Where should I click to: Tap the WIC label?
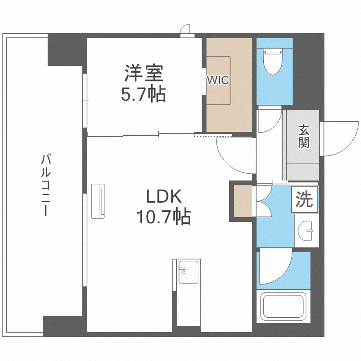[218, 80]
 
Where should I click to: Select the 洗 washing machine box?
[304, 199]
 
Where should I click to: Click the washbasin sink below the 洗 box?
[307, 231]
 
